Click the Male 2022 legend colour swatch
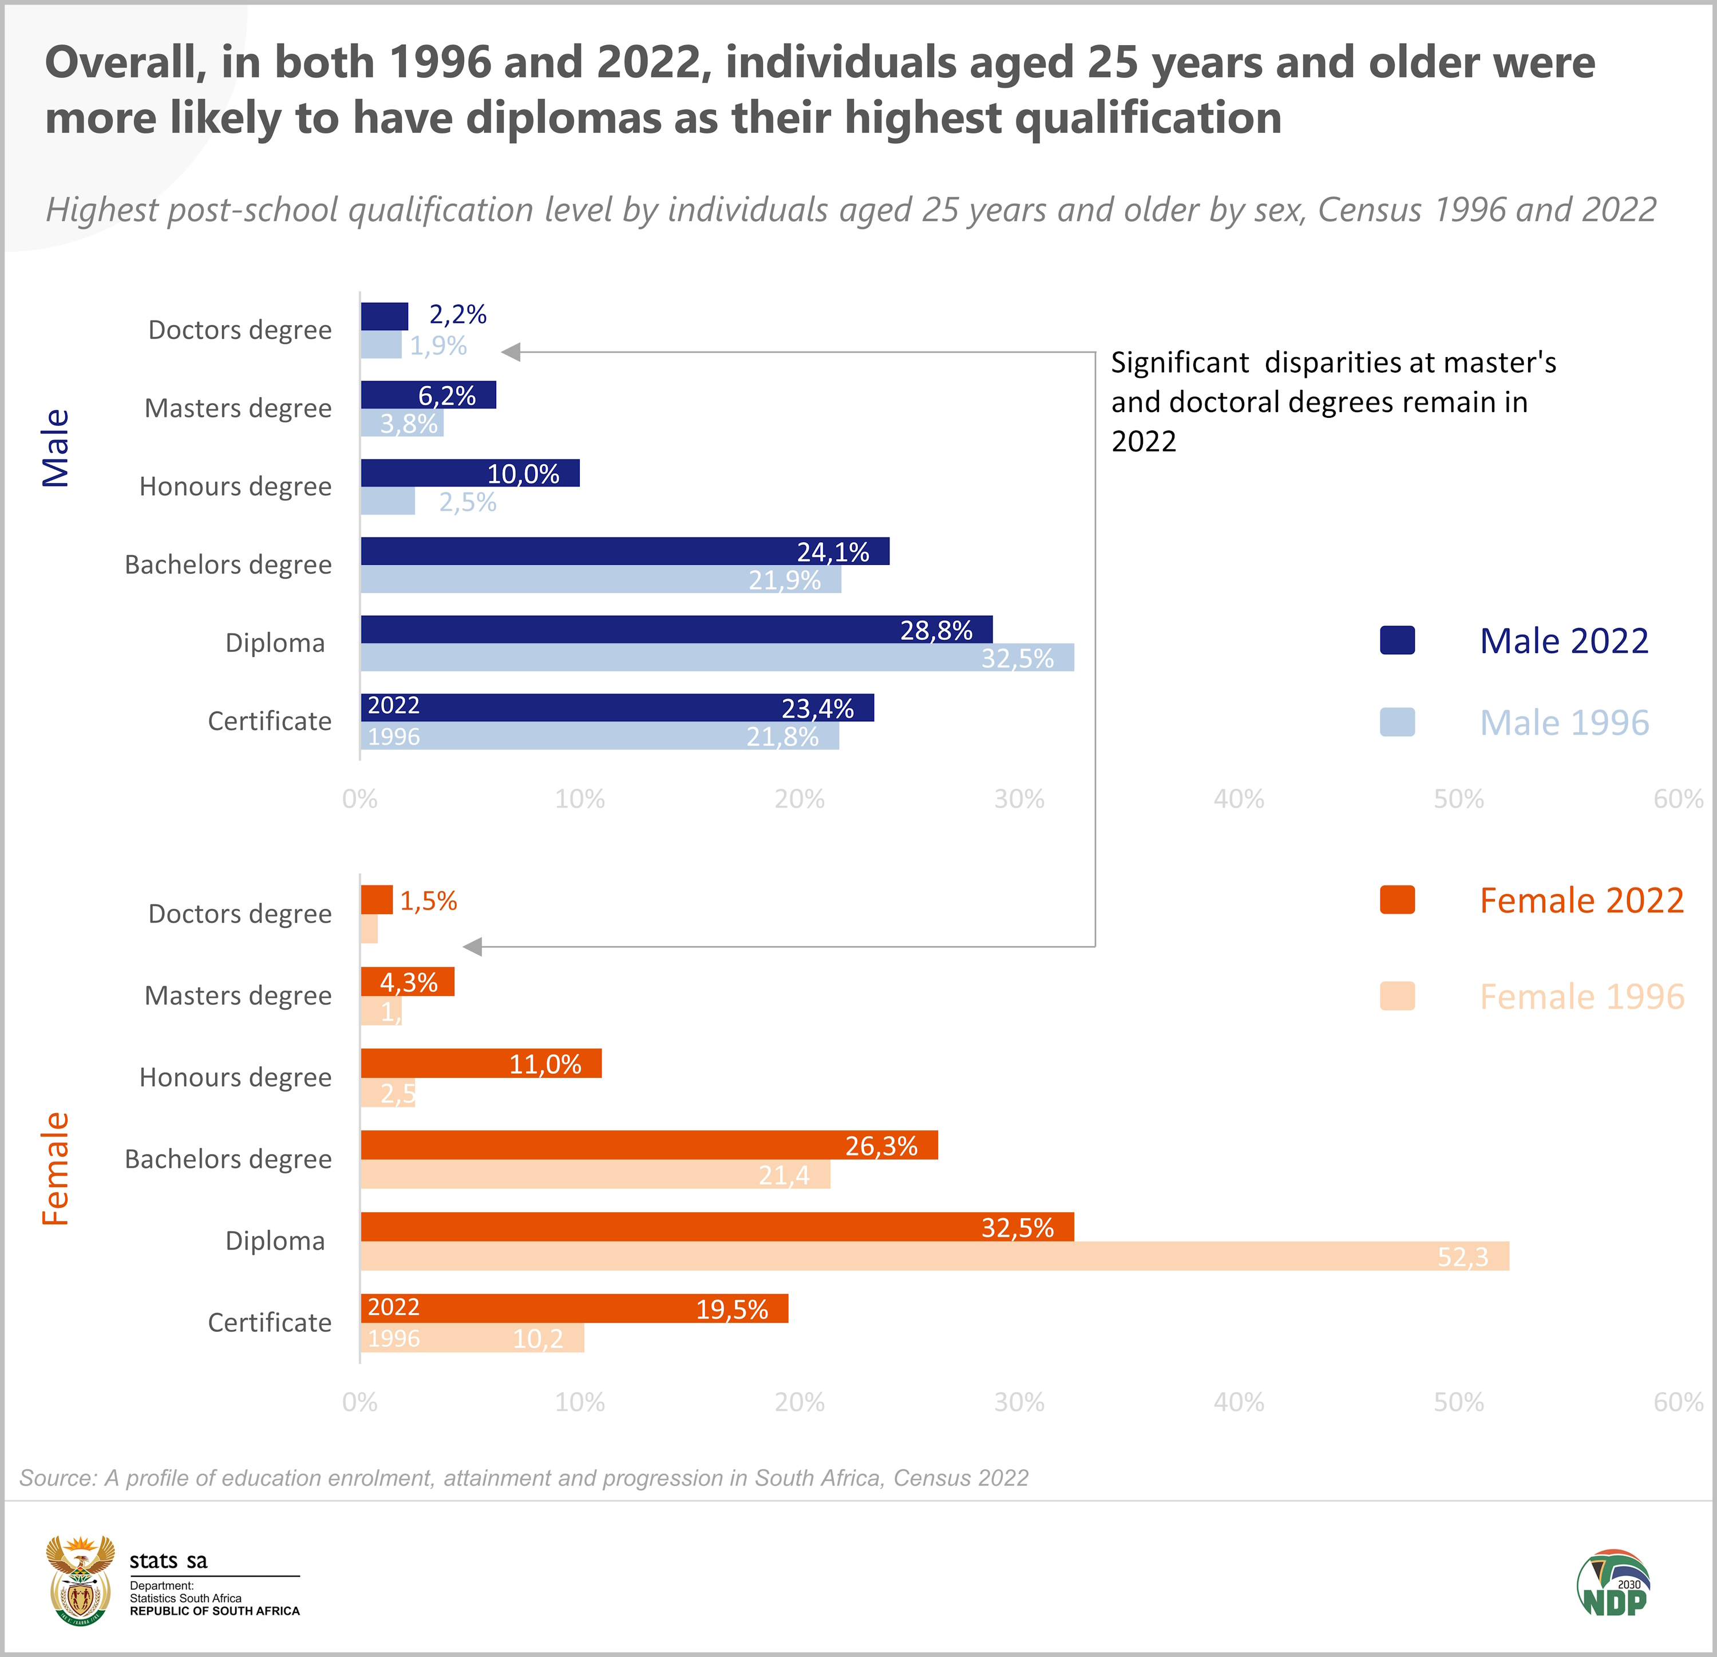pyautogui.click(x=1396, y=640)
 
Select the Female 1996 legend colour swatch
pyautogui.click(x=1396, y=996)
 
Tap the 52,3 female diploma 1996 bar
pyautogui.click(x=934, y=1256)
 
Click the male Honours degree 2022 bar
pyautogui.click(x=469, y=473)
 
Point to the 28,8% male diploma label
pyautogui.click(x=936, y=630)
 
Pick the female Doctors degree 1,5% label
pyautogui.click(x=428, y=901)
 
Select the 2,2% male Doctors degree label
pyautogui.click(x=457, y=315)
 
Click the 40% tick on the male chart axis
pyautogui.click(x=1239, y=799)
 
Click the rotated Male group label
pyautogui.click(x=55, y=447)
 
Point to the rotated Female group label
pyautogui.click(x=55, y=1169)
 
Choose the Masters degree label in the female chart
pyautogui.click(x=238, y=995)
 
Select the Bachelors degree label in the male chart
pyautogui.click(x=228, y=564)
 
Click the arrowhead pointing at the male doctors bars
pyautogui.click(x=511, y=352)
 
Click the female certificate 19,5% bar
pyautogui.click(x=574, y=1308)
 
